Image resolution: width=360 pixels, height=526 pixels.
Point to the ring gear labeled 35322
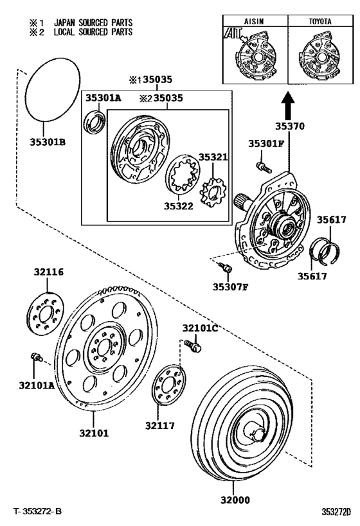coord(181,175)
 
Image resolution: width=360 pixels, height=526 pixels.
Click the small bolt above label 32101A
coord(36,356)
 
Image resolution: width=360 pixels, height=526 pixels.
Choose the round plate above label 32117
coord(169,384)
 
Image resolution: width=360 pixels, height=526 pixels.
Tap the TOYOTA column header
coord(319,21)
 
